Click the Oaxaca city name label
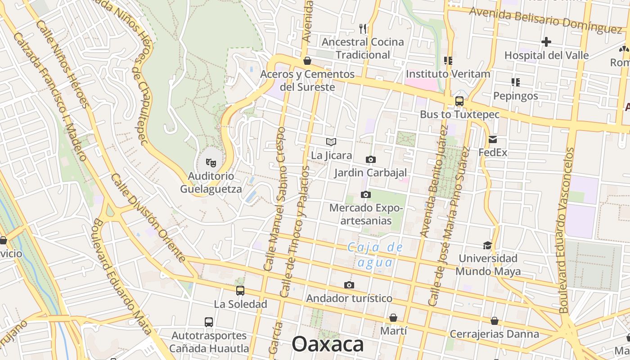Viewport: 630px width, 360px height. (x=328, y=344)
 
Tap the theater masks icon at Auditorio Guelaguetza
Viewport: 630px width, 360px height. (x=211, y=162)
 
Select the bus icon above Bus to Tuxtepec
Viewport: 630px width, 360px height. (x=459, y=101)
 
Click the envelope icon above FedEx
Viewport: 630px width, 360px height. (x=493, y=139)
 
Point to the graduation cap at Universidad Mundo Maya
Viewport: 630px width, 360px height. (x=487, y=245)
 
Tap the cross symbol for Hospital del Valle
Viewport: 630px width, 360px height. (x=546, y=42)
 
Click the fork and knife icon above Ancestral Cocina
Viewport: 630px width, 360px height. (x=363, y=29)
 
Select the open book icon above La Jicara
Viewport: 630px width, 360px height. (x=331, y=142)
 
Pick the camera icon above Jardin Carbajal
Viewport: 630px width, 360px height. (x=370, y=159)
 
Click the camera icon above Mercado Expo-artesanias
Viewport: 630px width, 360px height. (x=366, y=194)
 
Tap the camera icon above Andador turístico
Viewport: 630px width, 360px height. (x=349, y=285)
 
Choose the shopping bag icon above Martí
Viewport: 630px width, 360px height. (x=393, y=318)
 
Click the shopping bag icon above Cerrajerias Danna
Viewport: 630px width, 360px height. (x=494, y=320)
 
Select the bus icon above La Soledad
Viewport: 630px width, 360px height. (x=240, y=291)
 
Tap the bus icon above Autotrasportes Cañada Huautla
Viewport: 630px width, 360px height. (x=209, y=322)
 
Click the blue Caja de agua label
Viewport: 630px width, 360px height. (x=375, y=255)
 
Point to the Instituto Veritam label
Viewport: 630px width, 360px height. (x=448, y=74)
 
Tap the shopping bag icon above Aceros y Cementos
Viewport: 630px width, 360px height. (x=307, y=60)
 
